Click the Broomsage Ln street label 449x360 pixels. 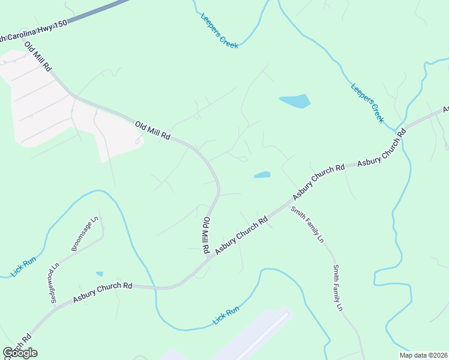click(84, 234)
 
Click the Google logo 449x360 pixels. click(20, 353)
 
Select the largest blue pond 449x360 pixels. click(295, 101)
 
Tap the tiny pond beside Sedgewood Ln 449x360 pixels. click(99, 274)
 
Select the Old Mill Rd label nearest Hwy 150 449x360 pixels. click(38, 57)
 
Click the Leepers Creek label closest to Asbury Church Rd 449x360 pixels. click(367, 103)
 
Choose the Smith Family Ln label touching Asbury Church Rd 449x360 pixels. click(307, 224)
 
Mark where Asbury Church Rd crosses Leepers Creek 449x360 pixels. click(400, 130)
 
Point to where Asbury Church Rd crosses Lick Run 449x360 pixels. click(155, 288)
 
